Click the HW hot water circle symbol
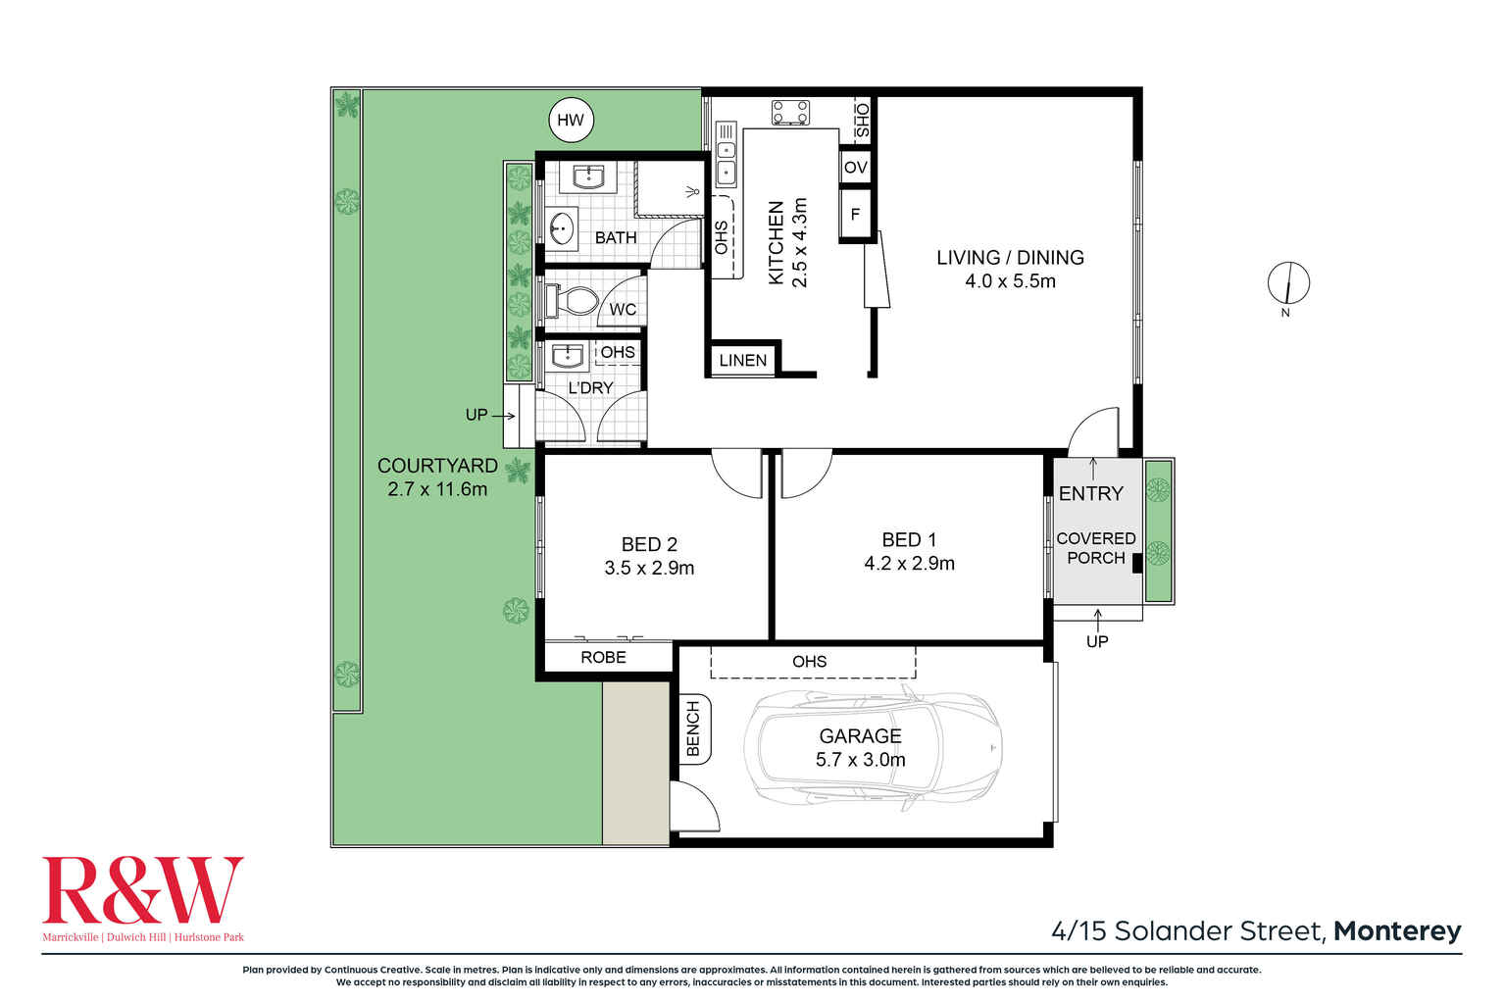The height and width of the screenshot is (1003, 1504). point(570,121)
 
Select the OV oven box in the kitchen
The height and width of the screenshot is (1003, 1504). point(855,167)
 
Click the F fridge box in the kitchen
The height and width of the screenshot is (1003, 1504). point(855,214)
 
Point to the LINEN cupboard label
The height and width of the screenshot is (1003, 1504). point(742,360)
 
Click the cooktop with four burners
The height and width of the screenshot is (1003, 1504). point(790,112)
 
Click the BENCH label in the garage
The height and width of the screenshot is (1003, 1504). point(693,728)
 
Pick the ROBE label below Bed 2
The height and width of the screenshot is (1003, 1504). point(603,657)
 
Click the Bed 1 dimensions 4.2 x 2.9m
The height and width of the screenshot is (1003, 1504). point(909,564)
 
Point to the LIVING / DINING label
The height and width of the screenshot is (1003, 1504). point(1010,258)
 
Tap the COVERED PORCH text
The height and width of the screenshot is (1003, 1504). point(1095,548)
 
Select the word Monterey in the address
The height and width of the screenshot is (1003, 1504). point(1397,930)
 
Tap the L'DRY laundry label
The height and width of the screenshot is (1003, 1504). point(590,388)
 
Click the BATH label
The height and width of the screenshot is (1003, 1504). point(616,237)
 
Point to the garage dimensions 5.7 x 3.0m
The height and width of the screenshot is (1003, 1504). point(860,760)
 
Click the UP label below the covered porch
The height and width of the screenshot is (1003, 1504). point(1096,641)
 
